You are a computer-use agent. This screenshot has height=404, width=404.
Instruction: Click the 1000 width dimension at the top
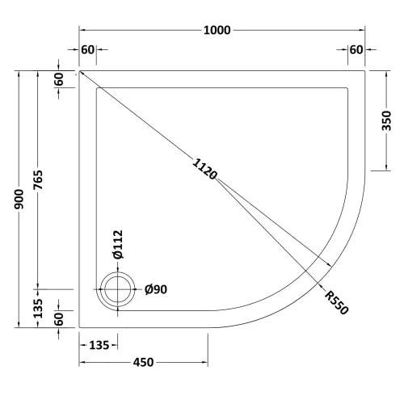[217, 31]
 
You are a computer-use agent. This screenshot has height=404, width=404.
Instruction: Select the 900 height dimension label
[19, 199]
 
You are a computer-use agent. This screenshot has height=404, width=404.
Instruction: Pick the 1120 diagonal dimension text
[204, 167]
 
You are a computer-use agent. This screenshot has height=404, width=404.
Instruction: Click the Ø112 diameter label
[117, 244]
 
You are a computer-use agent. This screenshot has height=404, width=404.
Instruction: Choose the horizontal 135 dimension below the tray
[97, 346]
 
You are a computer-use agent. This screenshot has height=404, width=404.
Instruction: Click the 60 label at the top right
[356, 50]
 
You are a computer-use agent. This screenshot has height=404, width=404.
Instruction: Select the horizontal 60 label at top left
[88, 50]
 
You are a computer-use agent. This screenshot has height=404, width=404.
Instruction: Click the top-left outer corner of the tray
[79, 70]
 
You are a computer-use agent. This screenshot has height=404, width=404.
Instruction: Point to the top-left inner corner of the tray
[96, 87]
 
